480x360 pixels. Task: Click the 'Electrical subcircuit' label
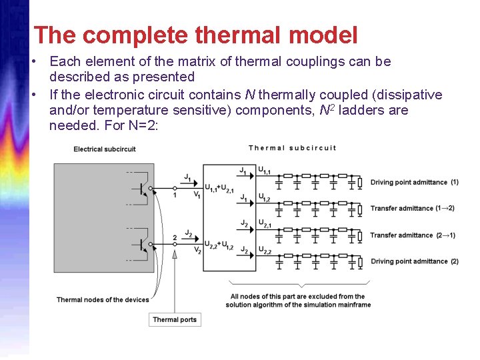(105, 149)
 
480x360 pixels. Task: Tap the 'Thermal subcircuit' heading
(293, 148)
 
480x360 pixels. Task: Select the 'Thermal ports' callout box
(175, 319)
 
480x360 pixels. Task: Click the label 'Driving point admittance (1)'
(414, 182)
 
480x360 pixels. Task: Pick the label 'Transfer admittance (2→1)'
(413, 235)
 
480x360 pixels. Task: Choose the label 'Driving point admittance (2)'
(414, 261)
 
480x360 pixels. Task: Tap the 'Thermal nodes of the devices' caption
(103, 299)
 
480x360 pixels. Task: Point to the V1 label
(197, 195)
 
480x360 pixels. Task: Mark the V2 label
(197, 250)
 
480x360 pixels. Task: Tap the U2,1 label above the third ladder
(265, 225)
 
